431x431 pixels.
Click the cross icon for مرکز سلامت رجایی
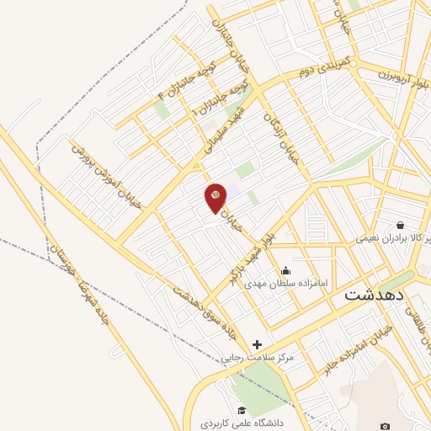click(x=258, y=343)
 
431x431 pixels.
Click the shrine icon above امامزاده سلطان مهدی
click(x=286, y=270)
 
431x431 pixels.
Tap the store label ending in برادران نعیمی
click(x=393, y=239)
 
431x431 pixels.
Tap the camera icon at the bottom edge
click(x=385, y=427)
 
